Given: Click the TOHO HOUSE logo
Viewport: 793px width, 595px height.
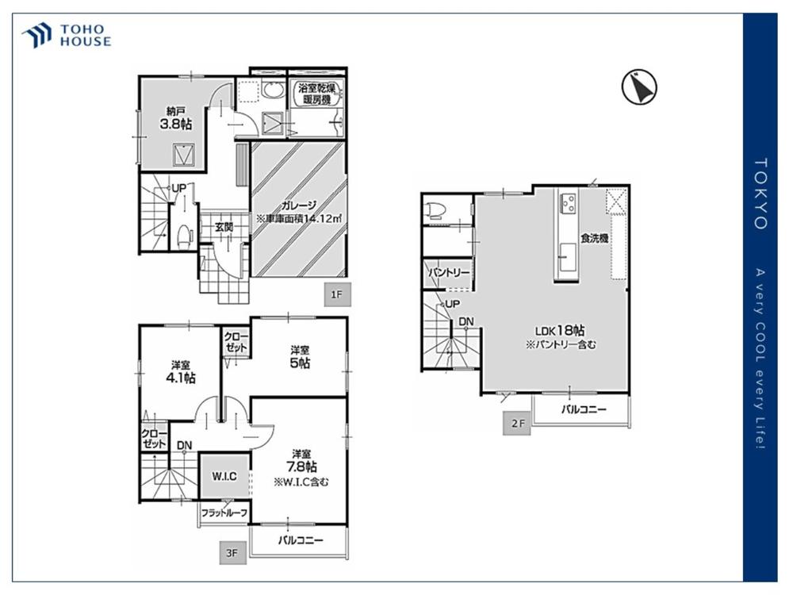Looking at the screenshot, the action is [x=67, y=36].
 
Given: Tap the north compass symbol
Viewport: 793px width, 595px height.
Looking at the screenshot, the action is [x=638, y=87].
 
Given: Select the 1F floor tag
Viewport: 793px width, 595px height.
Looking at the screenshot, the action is [x=337, y=294].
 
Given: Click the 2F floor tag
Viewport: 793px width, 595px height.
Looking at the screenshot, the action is [x=517, y=424].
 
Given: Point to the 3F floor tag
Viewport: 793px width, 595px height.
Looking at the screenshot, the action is [x=232, y=553].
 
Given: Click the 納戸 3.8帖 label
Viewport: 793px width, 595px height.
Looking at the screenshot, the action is [x=176, y=118].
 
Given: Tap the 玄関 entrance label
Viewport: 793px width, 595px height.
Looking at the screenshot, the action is [x=224, y=227].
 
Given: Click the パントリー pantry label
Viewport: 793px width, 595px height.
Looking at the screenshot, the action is [x=449, y=272].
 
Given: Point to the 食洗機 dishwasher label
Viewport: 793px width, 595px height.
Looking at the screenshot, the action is [x=594, y=238].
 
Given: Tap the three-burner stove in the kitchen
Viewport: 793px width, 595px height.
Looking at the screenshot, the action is [x=567, y=203].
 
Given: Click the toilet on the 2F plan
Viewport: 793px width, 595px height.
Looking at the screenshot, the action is [x=437, y=210].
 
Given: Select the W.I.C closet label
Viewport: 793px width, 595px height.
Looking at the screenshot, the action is [x=224, y=476].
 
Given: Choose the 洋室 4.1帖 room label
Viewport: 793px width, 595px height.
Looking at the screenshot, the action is [x=181, y=372].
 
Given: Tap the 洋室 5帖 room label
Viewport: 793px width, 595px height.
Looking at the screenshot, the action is [x=301, y=357].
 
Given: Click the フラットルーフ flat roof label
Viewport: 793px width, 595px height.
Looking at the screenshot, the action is [x=224, y=513].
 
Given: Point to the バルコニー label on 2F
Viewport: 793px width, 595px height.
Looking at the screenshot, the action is [x=584, y=409].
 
